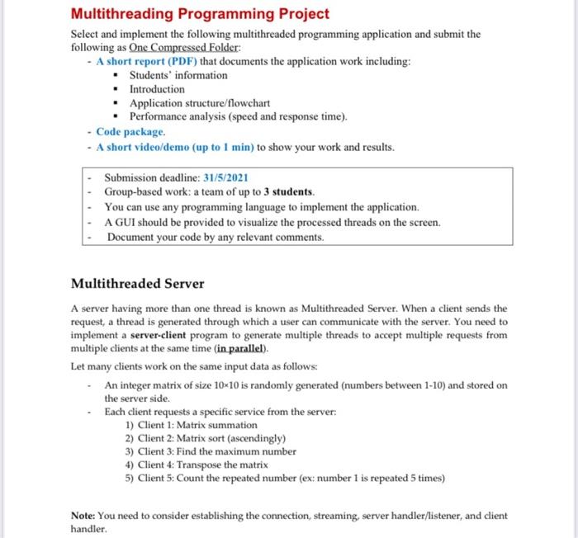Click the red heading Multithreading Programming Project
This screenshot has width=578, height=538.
point(200,14)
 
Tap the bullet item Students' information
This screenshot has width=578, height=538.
point(178,75)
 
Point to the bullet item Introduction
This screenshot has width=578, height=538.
point(157,88)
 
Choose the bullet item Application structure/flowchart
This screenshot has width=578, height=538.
point(200,103)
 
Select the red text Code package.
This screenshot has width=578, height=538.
point(130,132)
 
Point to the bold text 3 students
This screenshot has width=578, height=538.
point(293,191)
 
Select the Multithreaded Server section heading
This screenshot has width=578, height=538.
point(137,283)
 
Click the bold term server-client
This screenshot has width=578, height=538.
point(163,336)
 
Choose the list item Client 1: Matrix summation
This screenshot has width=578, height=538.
point(191,425)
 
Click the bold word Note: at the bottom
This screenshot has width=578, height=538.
point(84,516)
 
